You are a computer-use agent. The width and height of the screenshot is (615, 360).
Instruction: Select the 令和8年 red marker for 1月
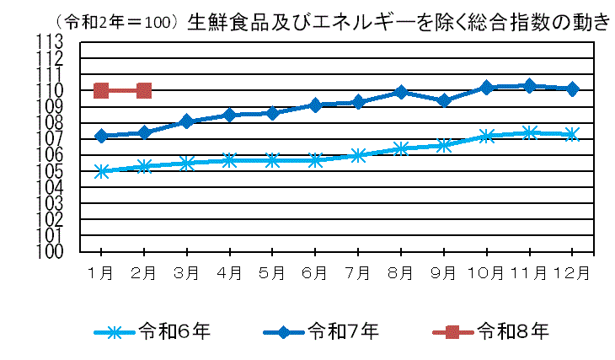tap(101, 90)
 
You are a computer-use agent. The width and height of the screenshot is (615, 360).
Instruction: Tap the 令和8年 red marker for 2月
tap(144, 90)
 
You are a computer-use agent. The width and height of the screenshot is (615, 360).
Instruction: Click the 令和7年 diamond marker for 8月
tap(401, 92)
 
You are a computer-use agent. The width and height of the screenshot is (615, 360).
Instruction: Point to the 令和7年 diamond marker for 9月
tap(444, 100)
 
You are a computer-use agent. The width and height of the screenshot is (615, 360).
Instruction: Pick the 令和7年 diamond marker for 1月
tap(101, 136)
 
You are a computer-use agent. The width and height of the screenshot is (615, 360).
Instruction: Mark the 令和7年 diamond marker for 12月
tap(572, 89)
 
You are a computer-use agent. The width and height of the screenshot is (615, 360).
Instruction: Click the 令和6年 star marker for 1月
tap(101, 171)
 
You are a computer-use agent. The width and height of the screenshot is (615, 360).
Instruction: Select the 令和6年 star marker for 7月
tap(358, 155)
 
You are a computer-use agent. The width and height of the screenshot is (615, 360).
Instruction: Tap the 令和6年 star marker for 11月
tap(529, 132)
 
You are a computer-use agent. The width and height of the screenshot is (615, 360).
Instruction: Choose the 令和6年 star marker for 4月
tap(229, 160)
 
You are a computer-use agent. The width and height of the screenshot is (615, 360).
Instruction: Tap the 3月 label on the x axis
tap(186, 272)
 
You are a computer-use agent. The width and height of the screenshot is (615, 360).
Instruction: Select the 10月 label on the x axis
tap(486, 272)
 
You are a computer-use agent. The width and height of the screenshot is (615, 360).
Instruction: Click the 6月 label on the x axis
tap(315, 272)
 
